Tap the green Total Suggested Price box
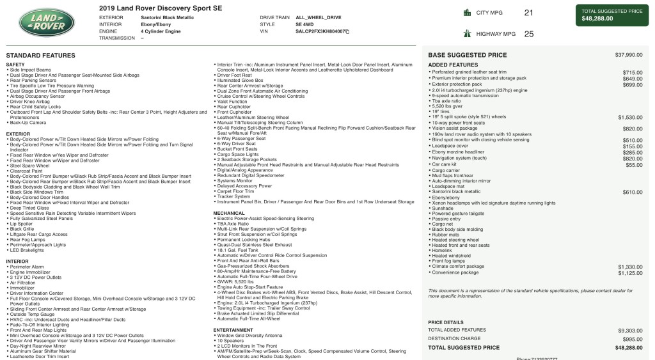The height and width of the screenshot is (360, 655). (612, 15)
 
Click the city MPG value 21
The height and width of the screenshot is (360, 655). (528, 12)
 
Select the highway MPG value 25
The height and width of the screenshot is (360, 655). (528, 35)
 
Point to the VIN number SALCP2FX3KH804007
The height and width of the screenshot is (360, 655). (321, 31)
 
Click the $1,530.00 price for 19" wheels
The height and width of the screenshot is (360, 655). (630, 117)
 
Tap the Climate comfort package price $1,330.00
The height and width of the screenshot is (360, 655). (630, 267)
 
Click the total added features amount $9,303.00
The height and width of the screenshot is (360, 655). (630, 330)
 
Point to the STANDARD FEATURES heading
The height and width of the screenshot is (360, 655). (40, 56)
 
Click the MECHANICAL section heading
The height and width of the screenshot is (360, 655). (229, 213)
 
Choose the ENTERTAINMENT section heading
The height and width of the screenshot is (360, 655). (233, 330)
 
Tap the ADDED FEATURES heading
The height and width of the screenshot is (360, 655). (453, 65)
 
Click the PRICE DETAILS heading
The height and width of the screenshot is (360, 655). (445, 322)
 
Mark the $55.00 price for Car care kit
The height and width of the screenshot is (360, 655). (634, 164)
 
